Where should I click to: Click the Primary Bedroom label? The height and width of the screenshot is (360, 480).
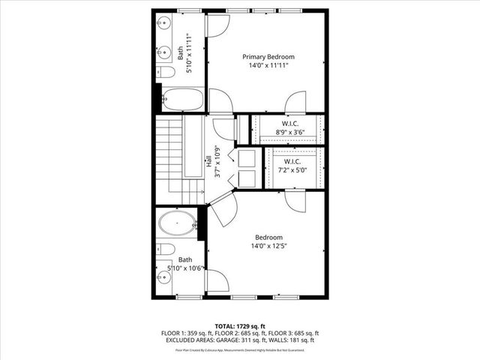point(268,56)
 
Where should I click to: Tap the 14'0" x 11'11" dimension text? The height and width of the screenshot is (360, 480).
point(268,66)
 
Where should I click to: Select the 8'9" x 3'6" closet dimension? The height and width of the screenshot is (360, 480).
point(291,132)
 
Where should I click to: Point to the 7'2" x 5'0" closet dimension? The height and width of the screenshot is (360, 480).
point(292,170)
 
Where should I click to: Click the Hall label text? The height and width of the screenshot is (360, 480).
point(208,160)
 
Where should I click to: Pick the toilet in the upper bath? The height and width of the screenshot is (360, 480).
point(167,72)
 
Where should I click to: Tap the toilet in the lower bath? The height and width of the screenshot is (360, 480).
point(167,248)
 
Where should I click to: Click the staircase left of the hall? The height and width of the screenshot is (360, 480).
point(169,157)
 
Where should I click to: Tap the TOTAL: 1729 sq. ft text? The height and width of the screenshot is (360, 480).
point(239,325)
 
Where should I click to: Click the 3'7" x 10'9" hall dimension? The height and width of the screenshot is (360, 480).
point(217,160)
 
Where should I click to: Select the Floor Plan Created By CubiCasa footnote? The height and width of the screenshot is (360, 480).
point(239,349)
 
